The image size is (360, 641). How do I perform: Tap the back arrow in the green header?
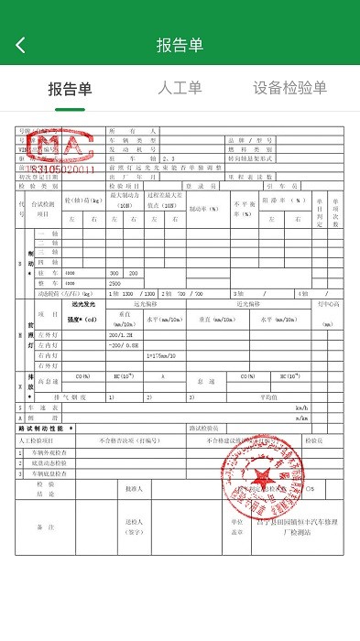(x=21, y=45)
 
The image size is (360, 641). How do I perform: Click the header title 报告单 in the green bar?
(x=180, y=45)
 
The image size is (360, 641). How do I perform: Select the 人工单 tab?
(x=180, y=89)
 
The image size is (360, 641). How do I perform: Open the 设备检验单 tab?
(x=289, y=89)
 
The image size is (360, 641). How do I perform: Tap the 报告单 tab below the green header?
(x=70, y=89)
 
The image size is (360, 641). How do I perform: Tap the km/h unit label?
(x=299, y=408)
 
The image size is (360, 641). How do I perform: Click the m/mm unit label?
(x=299, y=418)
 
